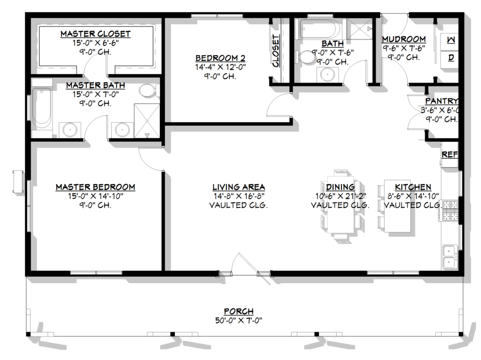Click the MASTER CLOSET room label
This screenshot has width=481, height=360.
(x=95, y=34)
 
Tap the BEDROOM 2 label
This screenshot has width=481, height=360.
(x=220, y=58)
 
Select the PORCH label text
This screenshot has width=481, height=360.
(x=239, y=311)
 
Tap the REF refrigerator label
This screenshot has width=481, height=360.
(x=450, y=154)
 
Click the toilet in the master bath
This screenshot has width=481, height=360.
(x=149, y=91)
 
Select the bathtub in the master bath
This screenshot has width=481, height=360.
(x=41, y=108)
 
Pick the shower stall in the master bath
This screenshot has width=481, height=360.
(x=147, y=121)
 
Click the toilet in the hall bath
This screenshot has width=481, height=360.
(x=304, y=56)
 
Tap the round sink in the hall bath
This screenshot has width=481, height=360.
(x=327, y=74)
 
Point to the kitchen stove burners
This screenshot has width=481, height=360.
(x=450, y=210)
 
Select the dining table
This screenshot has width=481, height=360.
(x=341, y=205)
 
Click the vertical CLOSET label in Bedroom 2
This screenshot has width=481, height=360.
(x=275, y=51)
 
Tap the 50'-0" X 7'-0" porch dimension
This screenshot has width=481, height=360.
(x=239, y=321)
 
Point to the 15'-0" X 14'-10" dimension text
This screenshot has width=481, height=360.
(x=95, y=196)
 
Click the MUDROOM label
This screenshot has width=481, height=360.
(x=403, y=39)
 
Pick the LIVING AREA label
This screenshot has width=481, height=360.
(x=239, y=187)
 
